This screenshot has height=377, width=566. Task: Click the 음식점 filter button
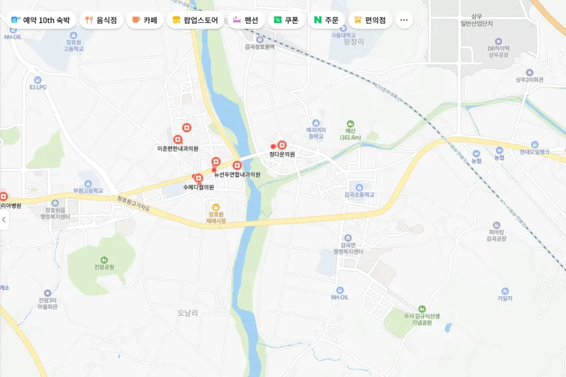(101, 20)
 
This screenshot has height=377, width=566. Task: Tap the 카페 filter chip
(145, 20)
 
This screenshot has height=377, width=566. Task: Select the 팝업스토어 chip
(196, 20)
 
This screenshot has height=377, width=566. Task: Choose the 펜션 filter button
(245, 20)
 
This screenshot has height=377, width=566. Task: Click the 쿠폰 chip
(286, 20)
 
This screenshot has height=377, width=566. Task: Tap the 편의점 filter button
(370, 20)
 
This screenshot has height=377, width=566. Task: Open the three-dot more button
(403, 20)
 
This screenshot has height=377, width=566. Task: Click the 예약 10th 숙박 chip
(40, 20)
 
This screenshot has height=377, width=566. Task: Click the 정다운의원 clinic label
(282, 154)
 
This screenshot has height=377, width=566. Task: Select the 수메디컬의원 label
(198, 187)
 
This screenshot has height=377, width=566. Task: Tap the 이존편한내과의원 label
(178, 148)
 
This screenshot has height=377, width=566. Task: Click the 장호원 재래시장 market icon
(216, 207)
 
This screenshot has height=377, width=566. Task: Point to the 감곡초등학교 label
(359, 195)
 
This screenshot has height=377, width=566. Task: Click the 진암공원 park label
(104, 267)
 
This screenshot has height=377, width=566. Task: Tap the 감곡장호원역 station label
(260, 47)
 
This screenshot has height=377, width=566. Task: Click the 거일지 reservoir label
(505, 298)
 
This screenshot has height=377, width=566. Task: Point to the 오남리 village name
(188, 312)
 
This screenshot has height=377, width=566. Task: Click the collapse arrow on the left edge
(4, 220)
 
